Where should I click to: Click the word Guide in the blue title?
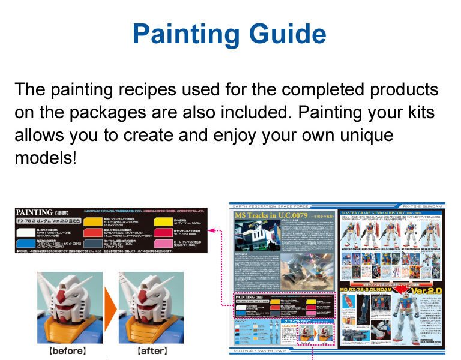pyautogui.click(x=286, y=34)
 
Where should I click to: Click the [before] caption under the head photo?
pyautogui.click(x=67, y=350)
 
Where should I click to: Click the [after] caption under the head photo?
pyautogui.click(x=152, y=350)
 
